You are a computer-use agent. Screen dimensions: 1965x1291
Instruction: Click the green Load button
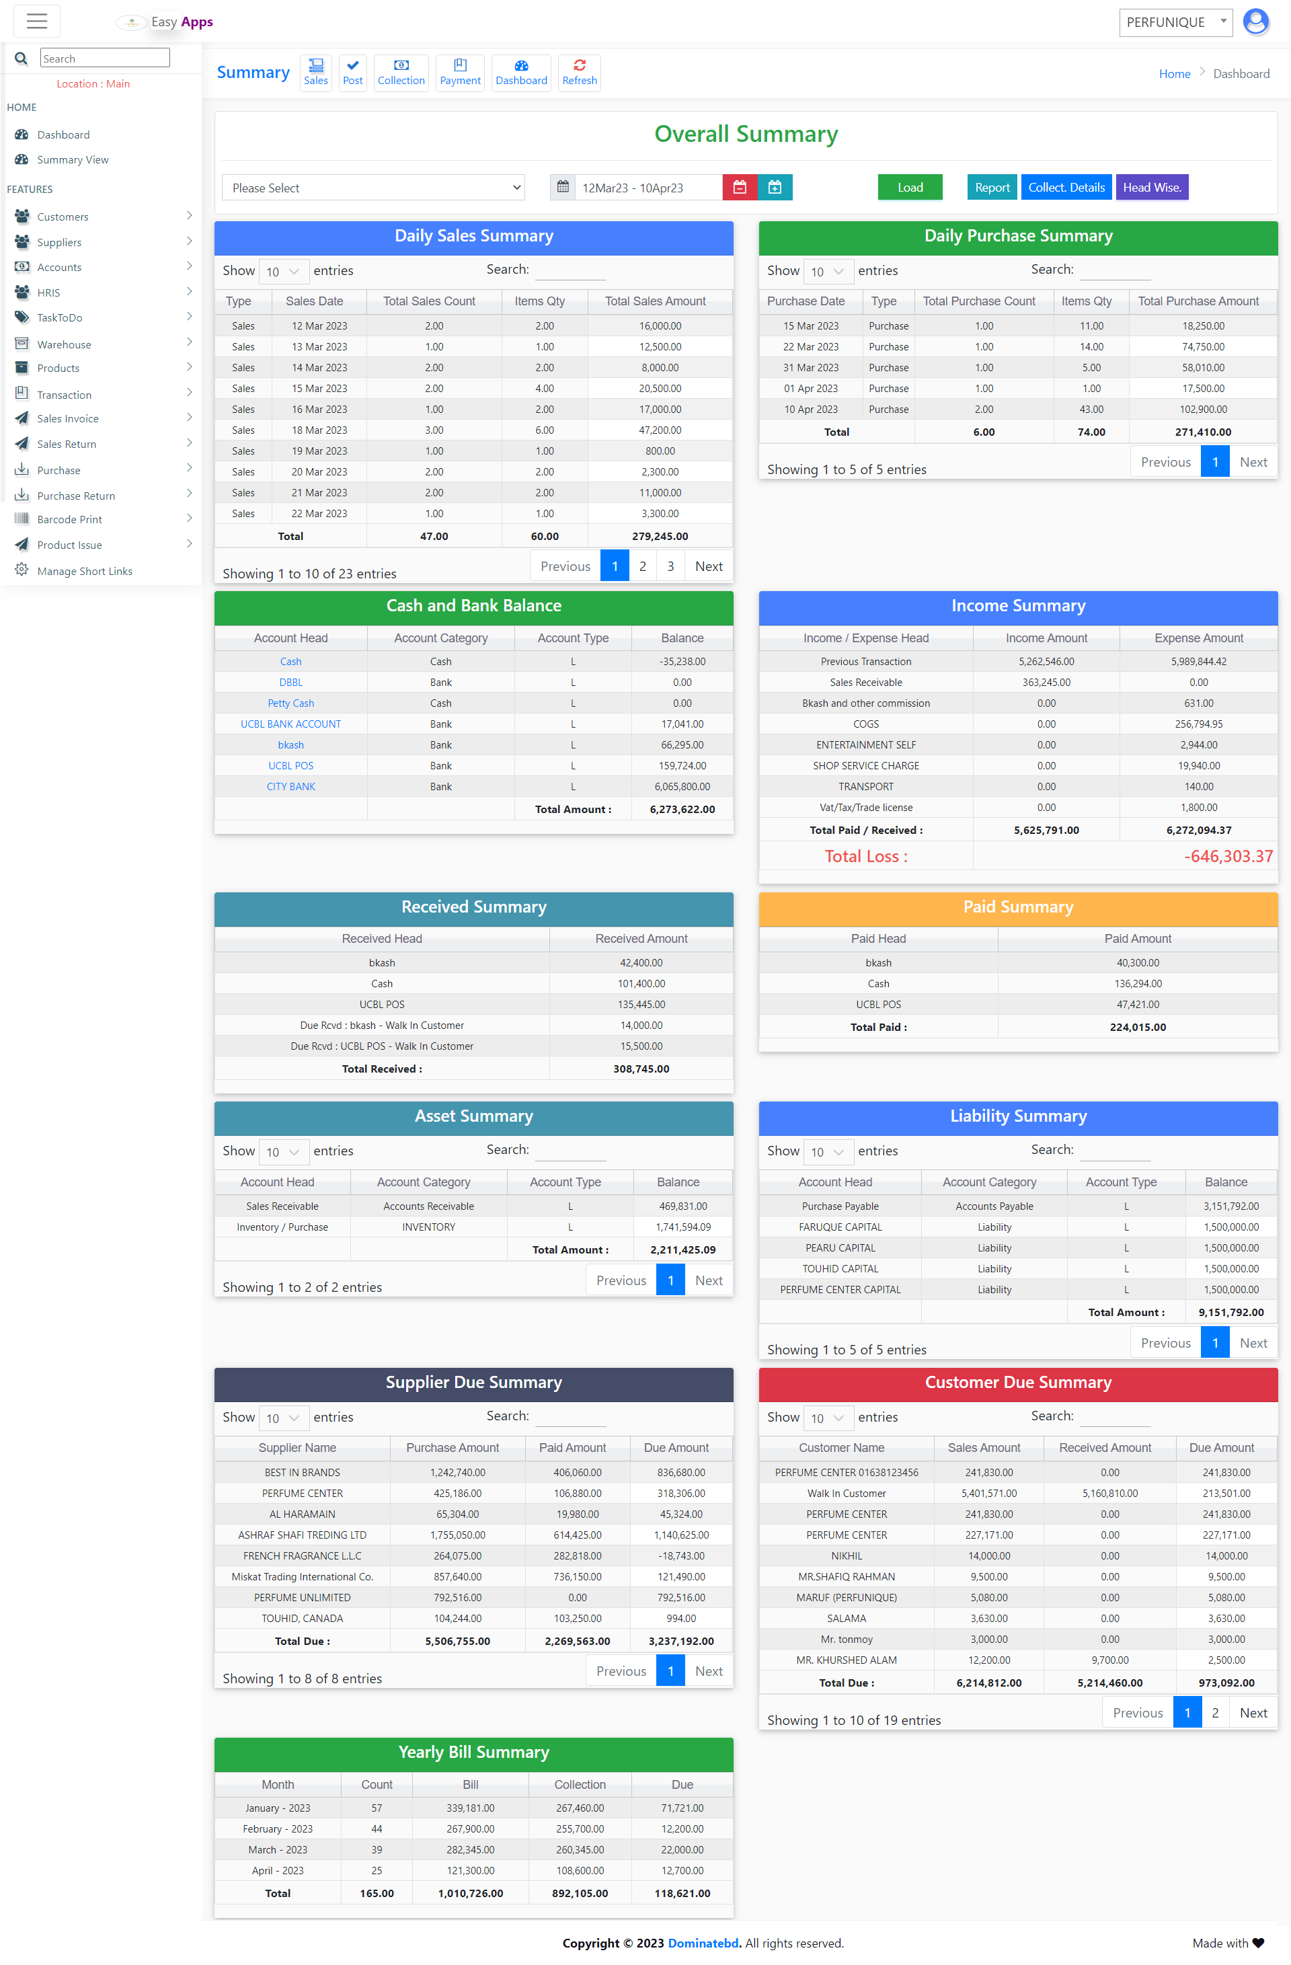tap(910, 188)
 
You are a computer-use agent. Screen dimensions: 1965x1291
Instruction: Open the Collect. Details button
tap(1066, 188)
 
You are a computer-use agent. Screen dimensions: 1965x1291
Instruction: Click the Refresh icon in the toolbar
tap(580, 73)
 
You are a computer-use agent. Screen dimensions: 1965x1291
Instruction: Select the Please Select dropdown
tap(374, 188)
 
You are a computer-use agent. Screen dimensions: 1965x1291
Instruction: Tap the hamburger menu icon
tap(37, 22)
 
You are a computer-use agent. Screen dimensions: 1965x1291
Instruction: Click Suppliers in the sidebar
tap(59, 242)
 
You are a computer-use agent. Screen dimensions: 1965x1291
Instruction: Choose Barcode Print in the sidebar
tap(69, 519)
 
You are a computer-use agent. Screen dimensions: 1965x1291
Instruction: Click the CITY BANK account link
tap(290, 787)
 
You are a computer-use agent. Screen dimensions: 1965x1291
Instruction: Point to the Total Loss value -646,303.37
tap(1227, 856)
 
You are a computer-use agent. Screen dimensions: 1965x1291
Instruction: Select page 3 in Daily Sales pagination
tap(670, 566)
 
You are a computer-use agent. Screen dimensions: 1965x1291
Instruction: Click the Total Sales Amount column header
tap(655, 301)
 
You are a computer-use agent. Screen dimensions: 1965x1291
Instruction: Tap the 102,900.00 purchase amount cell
tap(1203, 410)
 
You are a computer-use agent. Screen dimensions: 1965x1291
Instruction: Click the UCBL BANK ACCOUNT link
tap(290, 724)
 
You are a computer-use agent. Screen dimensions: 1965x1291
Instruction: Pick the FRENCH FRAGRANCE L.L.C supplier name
tap(302, 1555)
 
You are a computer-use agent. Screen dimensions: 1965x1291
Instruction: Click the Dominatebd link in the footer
tap(703, 1943)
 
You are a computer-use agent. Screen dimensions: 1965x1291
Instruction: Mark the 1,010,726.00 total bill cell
tap(471, 1893)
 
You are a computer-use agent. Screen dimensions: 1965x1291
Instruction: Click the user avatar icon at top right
tap(1255, 22)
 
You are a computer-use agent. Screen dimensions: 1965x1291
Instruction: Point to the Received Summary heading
tap(474, 907)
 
